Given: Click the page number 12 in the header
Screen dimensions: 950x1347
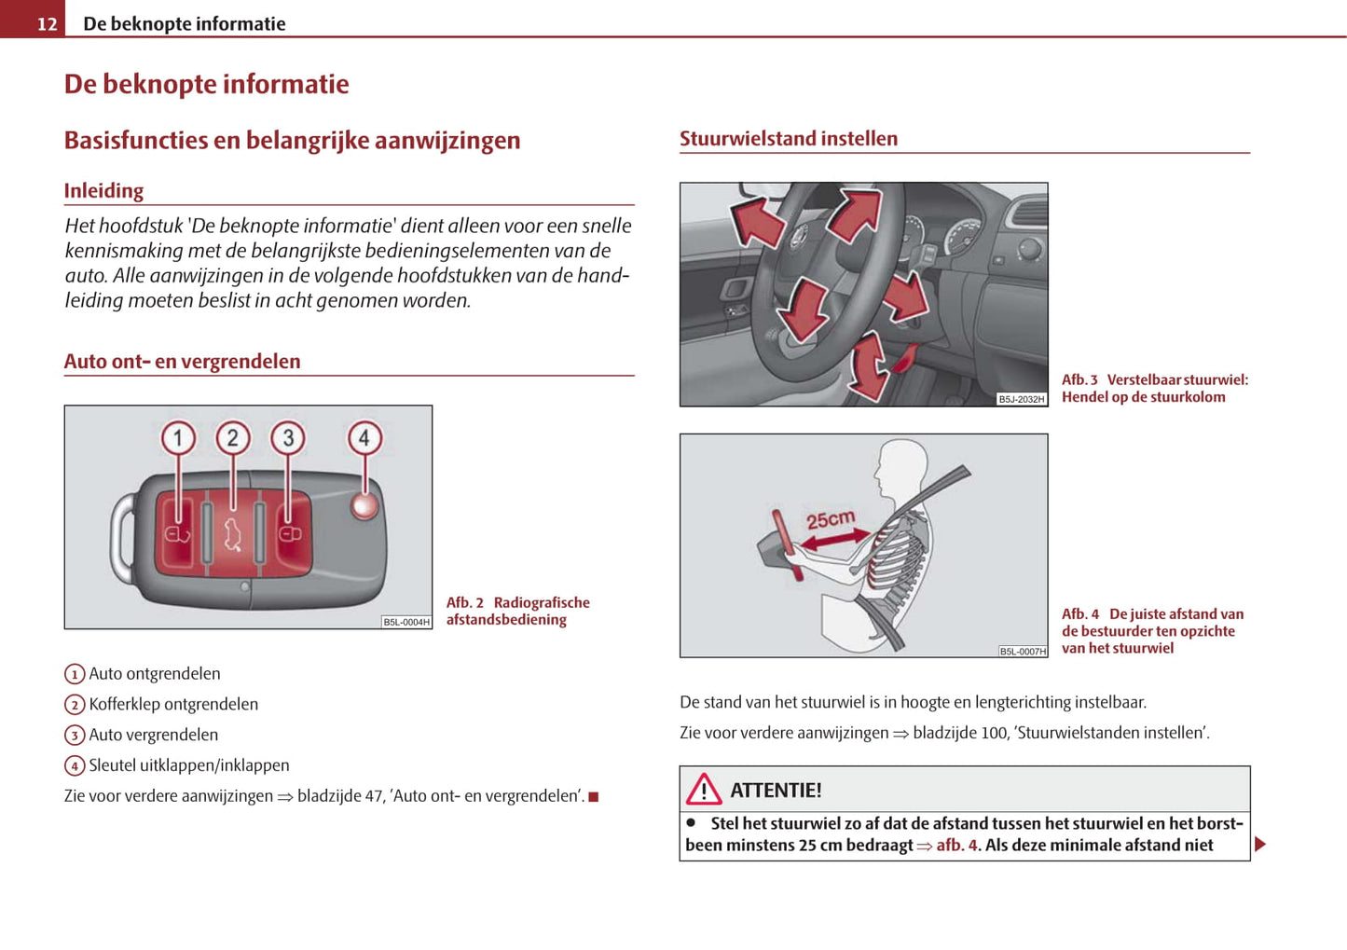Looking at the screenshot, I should [47, 23].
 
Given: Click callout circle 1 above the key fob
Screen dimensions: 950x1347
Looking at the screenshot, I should [178, 437].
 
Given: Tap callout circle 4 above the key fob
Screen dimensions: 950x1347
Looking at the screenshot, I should [364, 437].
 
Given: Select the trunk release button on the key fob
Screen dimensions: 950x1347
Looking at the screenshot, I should [232, 534].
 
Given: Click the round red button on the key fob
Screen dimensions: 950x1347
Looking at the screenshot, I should [364, 505].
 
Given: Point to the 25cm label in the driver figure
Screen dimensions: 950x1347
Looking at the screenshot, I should [830, 518].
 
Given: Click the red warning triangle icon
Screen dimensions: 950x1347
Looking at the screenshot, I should [704, 790].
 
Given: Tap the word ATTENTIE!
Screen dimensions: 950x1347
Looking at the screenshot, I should [776, 791].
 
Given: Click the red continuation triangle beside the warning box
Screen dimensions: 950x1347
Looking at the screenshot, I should [1260, 845].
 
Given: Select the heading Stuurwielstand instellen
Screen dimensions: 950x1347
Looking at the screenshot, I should [788, 139].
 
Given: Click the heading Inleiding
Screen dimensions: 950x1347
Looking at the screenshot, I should [103, 191].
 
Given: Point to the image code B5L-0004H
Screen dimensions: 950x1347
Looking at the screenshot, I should [406, 622].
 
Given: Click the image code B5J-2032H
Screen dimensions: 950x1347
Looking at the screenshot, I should [1022, 399].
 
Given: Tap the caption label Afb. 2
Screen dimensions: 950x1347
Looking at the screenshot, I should [464, 602].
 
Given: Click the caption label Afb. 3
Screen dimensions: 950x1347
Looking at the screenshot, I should [1079, 379].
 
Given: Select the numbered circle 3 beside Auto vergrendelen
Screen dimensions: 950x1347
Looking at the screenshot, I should [75, 736].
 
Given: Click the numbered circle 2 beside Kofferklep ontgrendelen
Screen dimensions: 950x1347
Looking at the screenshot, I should [75, 705].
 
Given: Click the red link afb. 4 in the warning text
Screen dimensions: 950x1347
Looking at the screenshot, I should [957, 846].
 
